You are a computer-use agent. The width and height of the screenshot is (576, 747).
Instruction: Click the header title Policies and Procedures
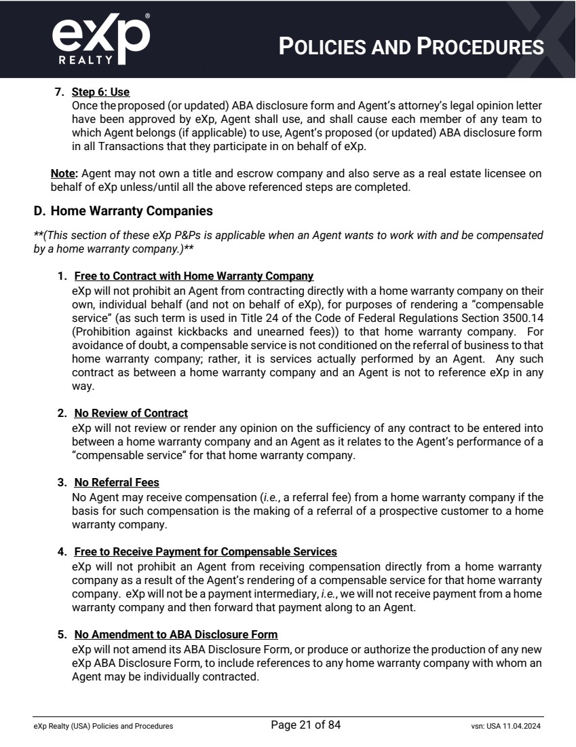point(412,46)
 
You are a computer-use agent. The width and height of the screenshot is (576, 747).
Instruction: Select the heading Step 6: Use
point(100,92)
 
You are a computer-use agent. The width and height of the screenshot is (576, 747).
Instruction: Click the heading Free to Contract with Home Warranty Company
point(193,276)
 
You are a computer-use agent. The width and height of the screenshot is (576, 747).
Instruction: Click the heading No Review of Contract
point(130,413)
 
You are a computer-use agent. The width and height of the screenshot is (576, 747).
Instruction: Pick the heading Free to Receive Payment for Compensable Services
point(205,551)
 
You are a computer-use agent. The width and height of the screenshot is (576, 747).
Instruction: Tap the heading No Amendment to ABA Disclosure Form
point(176,634)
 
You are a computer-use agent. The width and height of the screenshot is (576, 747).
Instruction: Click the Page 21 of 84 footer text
point(305,725)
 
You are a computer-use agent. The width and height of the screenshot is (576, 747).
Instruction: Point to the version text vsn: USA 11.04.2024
point(501,726)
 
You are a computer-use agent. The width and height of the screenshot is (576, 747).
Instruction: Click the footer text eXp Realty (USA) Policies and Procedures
point(103,726)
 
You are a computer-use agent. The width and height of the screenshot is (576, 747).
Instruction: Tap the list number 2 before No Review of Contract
point(61,413)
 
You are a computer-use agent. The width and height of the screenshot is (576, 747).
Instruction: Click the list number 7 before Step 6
point(58,92)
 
